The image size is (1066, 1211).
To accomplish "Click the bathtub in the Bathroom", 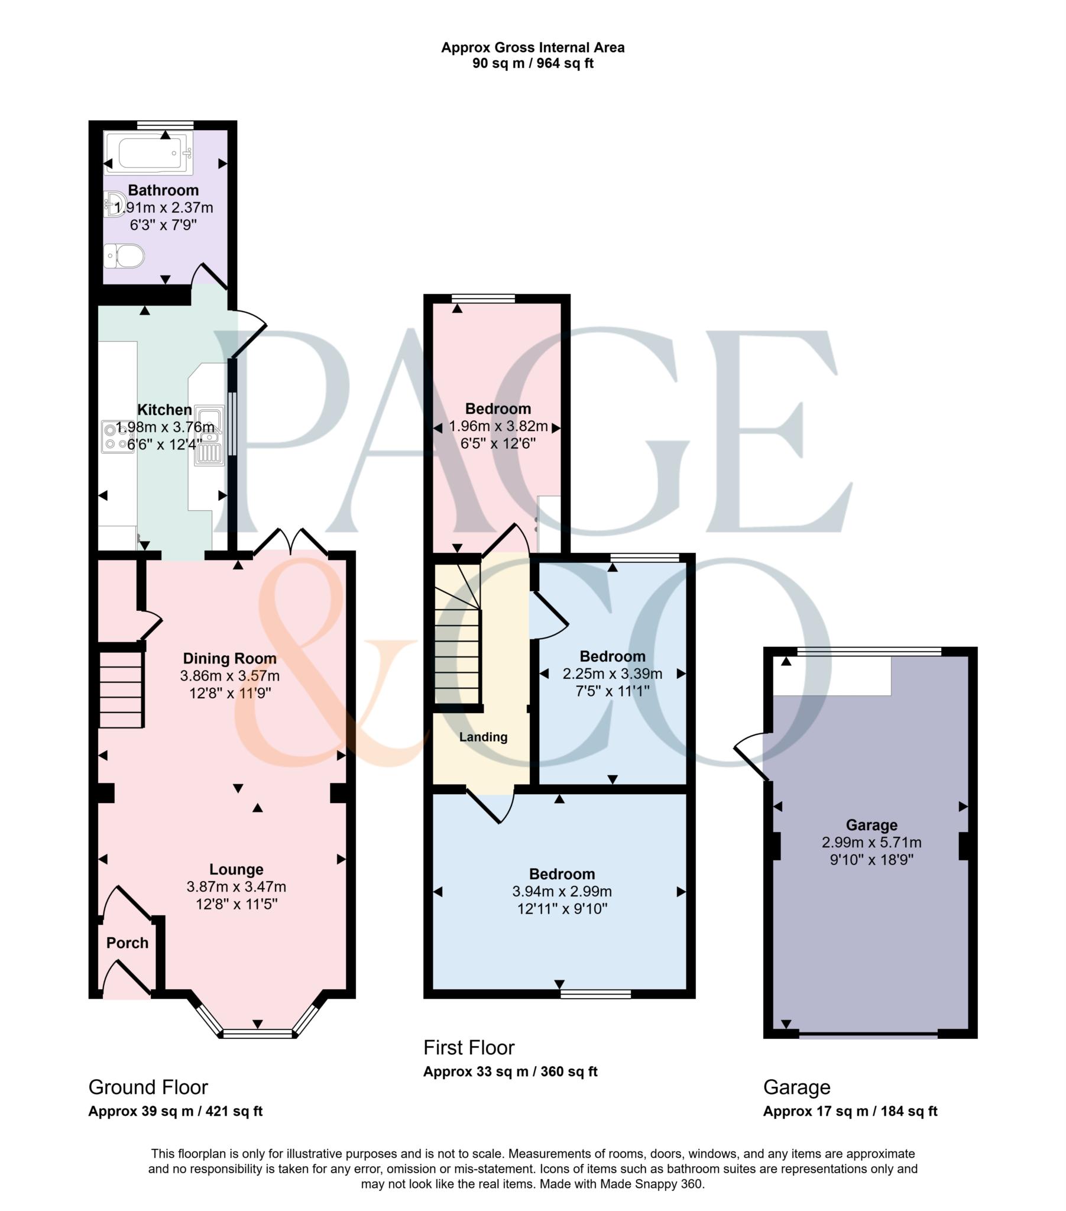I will pyautogui.click(x=148, y=154).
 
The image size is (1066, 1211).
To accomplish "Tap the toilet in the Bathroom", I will pyautogui.click(x=124, y=257).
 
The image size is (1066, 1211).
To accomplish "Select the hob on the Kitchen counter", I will pyautogui.click(x=118, y=436).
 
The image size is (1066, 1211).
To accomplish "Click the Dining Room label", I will pyautogui.click(x=229, y=658).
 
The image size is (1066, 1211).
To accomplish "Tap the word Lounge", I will pyautogui.click(x=236, y=869).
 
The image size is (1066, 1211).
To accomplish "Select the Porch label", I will pyautogui.click(x=127, y=943).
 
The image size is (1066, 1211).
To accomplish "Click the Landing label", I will pyautogui.click(x=483, y=737).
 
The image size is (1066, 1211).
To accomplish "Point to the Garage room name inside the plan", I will pyautogui.click(x=871, y=825).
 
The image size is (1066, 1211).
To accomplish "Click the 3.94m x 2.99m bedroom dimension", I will pyautogui.click(x=562, y=891).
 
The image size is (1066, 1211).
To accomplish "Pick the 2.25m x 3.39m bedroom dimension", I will pyautogui.click(x=612, y=674).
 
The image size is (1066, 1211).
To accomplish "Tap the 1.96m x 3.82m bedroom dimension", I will pyautogui.click(x=498, y=426).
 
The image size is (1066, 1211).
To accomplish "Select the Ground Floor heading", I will pyautogui.click(x=148, y=1087).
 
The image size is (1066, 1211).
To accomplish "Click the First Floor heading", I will pyautogui.click(x=469, y=1047).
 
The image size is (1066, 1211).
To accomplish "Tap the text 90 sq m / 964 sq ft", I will pyautogui.click(x=532, y=63).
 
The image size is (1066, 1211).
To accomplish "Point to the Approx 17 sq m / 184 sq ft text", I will pyautogui.click(x=850, y=1112).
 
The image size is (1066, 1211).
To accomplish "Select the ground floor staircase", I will pyautogui.click(x=121, y=689).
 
